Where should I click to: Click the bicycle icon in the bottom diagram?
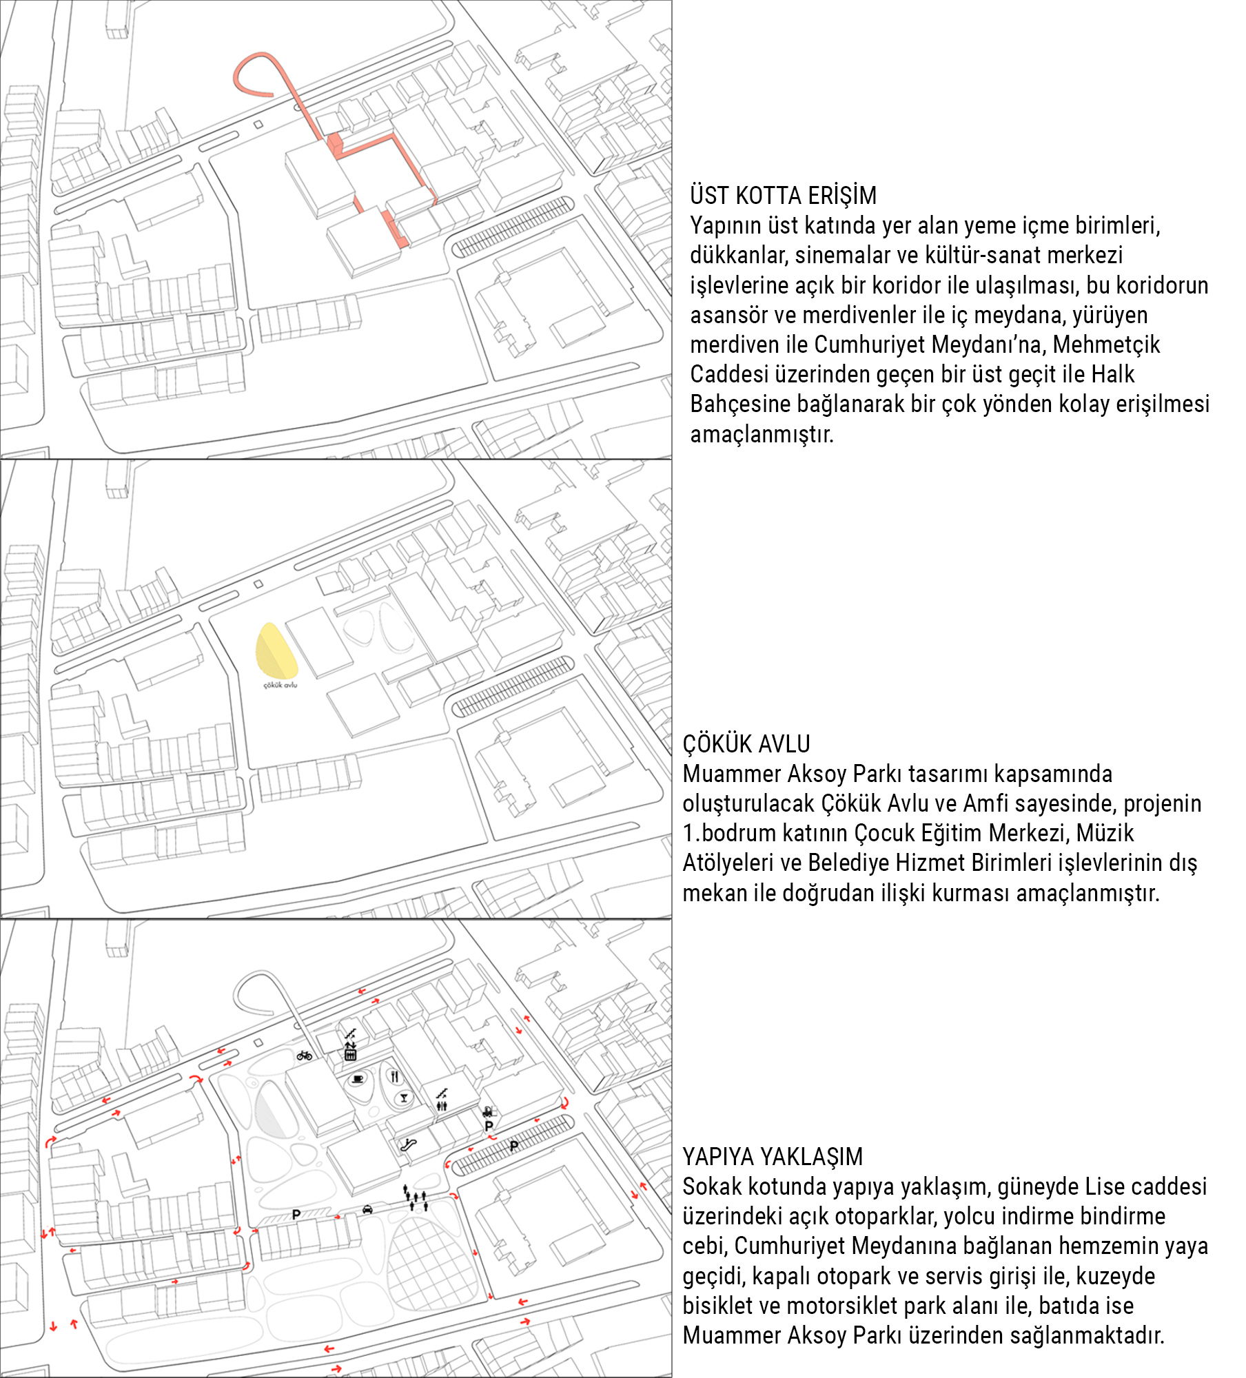click(x=304, y=1056)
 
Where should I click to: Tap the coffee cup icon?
click(x=358, y=1079)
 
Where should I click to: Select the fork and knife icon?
click(x=394, y=1076)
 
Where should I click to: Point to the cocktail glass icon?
click(x=404, y=1098)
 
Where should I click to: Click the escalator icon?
click(x=409, y=1146)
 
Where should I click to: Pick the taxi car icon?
click(x=367, y=1209)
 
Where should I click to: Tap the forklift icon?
click(x=488, y=1111)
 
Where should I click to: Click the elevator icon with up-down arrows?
click(x=350, y=1052)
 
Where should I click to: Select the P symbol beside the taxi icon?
click(x=296, y=1214)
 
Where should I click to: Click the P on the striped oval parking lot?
click(x=513, y=1146)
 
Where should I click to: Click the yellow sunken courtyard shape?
click(x=276, y=651)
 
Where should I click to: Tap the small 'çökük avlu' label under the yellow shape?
click(x=280, y=685)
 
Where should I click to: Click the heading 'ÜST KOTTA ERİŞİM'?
click(x=783, y=196)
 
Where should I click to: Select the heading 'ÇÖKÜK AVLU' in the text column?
click(x=746, y=744)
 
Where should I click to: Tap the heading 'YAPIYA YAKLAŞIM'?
click(x=773, y=1157)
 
